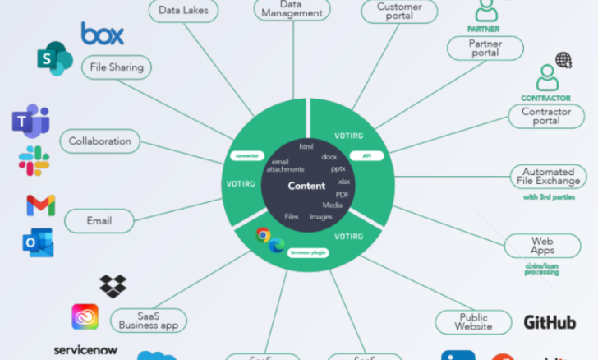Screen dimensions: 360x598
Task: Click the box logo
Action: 103,34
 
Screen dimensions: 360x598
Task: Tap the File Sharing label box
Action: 116,67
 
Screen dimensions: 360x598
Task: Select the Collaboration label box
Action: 100,141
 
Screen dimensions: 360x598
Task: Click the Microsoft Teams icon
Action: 30,120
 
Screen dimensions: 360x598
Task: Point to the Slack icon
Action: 34,160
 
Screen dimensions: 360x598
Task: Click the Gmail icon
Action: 40,205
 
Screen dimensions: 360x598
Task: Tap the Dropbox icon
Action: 113,286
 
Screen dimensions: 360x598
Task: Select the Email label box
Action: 99,220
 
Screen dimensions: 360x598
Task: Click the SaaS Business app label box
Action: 149,320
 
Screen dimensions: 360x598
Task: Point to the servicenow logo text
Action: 85,350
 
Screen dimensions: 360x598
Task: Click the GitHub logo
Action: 550,321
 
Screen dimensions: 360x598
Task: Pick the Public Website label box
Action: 474,321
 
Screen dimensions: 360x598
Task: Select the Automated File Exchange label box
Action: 550,175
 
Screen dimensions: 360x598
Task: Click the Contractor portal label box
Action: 546,116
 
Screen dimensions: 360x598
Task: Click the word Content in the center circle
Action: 307,187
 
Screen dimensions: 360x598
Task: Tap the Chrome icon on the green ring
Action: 263,235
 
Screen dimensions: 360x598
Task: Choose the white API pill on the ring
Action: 366,155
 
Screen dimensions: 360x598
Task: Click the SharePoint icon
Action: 54,59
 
